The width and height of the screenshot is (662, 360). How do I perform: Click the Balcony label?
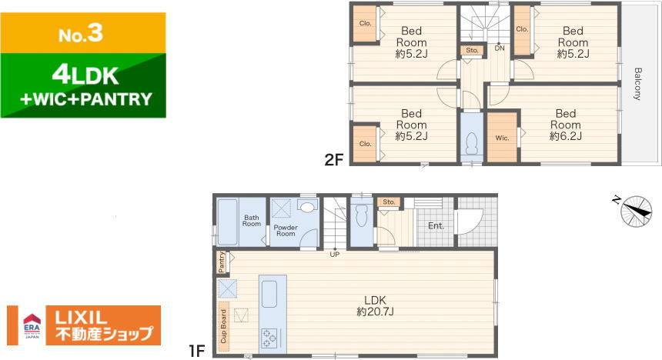click(637, 84)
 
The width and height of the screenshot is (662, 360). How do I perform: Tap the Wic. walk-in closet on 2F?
click(502, 137)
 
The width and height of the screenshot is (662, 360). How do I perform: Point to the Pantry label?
click(222, 262)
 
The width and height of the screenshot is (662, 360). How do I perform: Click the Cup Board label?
click(223, 326)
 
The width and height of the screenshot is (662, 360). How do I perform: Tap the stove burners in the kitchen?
click(269, 338)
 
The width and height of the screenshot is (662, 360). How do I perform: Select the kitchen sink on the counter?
click(269, 294)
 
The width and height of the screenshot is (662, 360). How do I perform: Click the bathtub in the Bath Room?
click(227, 222)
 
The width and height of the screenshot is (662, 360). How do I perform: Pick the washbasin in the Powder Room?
click(307, 206)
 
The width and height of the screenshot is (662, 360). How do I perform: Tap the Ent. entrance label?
click(436, 226)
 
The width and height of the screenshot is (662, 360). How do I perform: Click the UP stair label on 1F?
click(334, 254)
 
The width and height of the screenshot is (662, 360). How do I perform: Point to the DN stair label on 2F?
click(500, 48)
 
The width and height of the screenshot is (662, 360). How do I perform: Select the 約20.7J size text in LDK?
click(375, 312)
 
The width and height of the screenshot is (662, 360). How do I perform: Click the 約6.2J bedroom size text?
click(565, 136)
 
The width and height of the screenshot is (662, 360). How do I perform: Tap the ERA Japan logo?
click(32, 325)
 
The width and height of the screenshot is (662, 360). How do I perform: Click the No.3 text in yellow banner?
click(81, 33)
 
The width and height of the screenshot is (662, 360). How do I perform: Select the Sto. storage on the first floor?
click(389, 202)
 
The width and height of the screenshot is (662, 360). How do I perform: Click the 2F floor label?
click(334, 159)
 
